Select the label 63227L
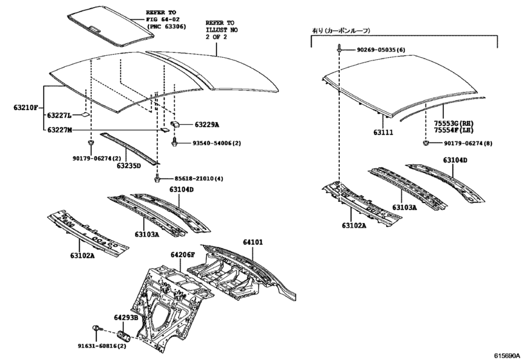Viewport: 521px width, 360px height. (x=59, y=116)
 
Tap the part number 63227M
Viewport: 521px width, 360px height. (x=59, y=130)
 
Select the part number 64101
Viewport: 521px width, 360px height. (x=252, y=242)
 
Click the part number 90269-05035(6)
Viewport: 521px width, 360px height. (x=382, y=50)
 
